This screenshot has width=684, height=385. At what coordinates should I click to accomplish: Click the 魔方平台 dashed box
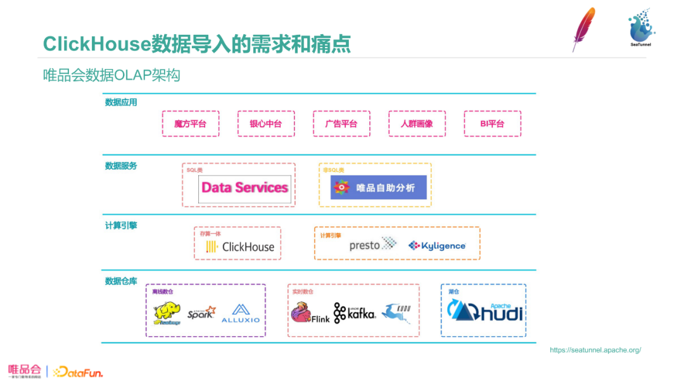(190, 123)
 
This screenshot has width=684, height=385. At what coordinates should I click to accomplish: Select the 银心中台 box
(265, 123)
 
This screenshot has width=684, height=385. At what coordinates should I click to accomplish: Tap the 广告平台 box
(341, 123)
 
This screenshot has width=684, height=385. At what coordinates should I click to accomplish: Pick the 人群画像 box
(417, 123)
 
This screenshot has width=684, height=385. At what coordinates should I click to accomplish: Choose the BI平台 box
(492, 123)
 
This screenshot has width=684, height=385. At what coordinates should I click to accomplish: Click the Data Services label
(244, 187)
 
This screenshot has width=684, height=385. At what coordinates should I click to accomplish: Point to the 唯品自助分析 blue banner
(379, 187)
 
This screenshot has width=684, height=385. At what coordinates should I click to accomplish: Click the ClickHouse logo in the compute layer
(240, 247)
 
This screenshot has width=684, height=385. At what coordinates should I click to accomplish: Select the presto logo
(372, 244)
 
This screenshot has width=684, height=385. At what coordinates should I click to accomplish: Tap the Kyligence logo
(437, 246)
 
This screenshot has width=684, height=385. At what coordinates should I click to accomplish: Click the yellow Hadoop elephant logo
(167, 312)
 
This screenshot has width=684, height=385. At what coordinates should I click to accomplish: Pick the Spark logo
(201, 312)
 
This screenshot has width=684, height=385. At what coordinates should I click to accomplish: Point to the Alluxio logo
(241, 313)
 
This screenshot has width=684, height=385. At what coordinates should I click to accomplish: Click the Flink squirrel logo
(309, 313)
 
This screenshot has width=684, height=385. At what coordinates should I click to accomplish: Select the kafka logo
(355, 313)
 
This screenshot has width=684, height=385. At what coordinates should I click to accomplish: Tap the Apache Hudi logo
(485, 310)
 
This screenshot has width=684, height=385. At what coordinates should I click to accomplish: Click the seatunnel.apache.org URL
(595, 350)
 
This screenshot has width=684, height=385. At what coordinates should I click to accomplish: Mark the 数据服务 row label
(121, 166)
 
